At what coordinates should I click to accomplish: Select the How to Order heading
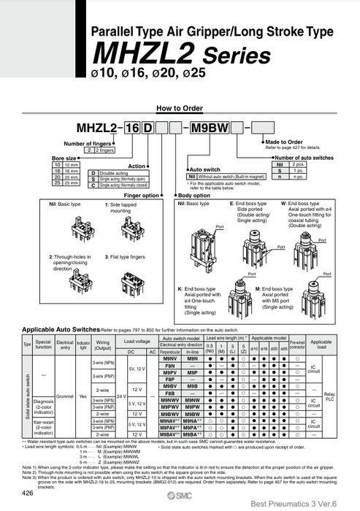180,108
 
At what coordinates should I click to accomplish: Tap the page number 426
28,494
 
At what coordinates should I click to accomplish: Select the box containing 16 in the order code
133,128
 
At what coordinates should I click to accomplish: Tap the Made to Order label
283,142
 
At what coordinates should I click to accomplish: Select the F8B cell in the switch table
169,393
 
